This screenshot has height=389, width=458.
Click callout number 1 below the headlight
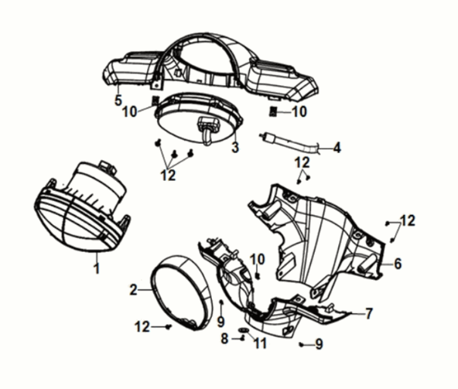coord(97,268)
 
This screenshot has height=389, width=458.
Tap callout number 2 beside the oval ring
coord(134,290)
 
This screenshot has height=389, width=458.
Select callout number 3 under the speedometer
coord(235,147)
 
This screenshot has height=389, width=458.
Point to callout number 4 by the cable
coord(337,148)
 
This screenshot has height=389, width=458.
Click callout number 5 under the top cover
coord(118,101)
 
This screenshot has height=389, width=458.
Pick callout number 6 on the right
coord(398,264)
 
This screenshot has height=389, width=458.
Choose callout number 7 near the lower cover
coord(369,313)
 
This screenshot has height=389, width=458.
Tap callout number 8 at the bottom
coord(224,339)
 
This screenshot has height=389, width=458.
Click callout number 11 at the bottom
coord(261,343)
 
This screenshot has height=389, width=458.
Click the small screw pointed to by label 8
coord(242,339)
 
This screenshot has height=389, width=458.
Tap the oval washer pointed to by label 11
coord(244,329)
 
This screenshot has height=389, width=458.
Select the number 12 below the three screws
coord(168,176)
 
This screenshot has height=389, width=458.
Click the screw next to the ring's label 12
coord(168,327)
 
